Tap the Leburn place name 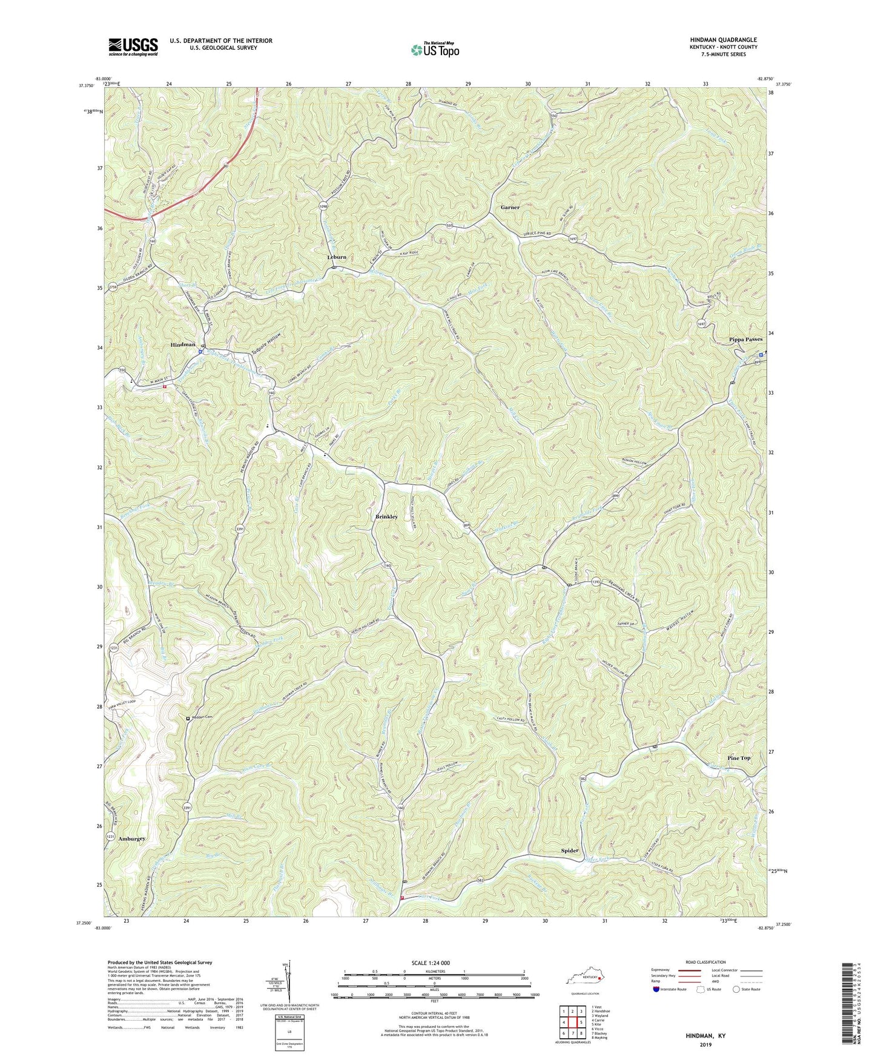337,257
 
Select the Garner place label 510,207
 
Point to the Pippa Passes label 745,340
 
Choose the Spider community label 569,851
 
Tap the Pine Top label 739,758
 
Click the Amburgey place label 132,839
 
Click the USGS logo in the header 133,47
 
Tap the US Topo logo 435,50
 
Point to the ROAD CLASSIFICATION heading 705,962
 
